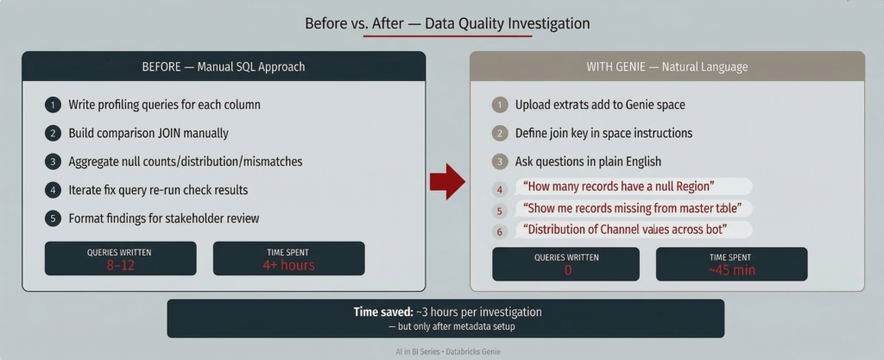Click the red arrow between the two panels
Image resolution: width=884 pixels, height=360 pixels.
click(447, 181)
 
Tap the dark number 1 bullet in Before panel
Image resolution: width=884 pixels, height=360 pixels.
click(53, 104)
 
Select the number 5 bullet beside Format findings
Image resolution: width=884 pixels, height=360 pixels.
click(53, 218)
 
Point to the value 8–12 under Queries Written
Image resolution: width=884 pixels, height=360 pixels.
click(121, 265)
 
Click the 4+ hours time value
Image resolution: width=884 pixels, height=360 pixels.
click(288, 265)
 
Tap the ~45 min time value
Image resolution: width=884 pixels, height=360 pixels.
click(732, 270)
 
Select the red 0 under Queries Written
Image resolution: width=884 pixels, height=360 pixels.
click(568, 270)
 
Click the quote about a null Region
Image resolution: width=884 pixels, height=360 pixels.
click(619, 186)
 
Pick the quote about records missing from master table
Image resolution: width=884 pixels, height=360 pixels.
click(632, 208)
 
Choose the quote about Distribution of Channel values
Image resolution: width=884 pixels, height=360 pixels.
click(625, 230)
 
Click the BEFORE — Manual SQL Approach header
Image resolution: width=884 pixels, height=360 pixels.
click(224, 66)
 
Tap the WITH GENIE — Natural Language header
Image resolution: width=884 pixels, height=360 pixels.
click(667, 67)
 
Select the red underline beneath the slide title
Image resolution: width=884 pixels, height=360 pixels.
click(448, 36)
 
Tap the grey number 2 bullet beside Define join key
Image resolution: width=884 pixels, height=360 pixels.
click(500, 134)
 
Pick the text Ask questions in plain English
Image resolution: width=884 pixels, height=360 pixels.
click(588, 161)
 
